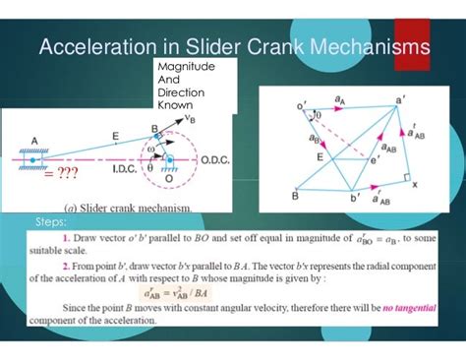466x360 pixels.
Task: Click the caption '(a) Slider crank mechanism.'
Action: [127, 208]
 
